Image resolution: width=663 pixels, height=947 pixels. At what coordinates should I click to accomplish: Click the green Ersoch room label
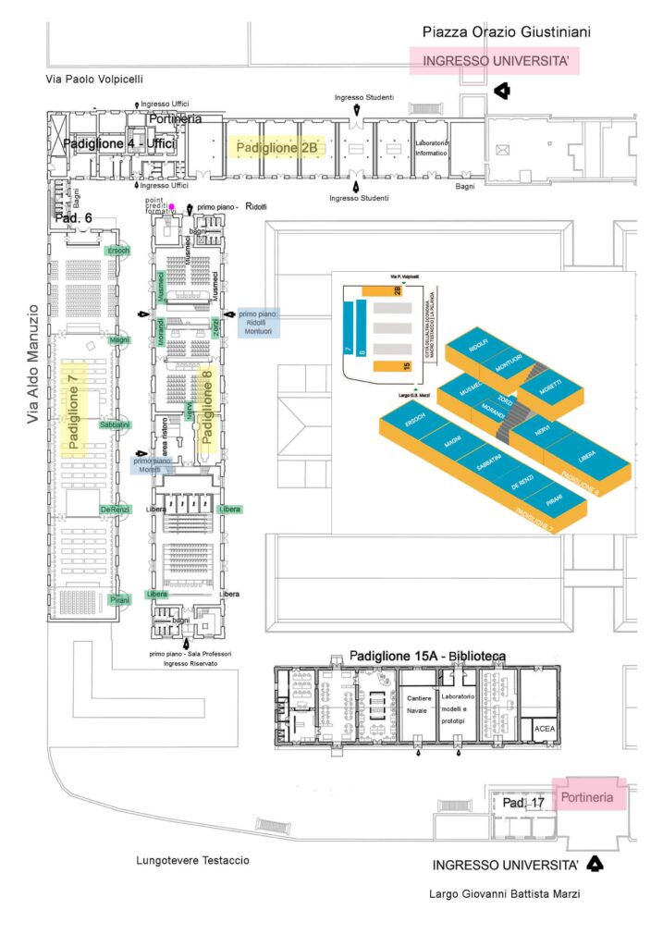[119, 251]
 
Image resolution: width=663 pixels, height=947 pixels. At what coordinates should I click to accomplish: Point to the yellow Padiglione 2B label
[277, 147]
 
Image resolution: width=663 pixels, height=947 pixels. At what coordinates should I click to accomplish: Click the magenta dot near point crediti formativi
[172, 206]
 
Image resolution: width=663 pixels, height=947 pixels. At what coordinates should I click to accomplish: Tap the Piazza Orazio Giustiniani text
[507, 32]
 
